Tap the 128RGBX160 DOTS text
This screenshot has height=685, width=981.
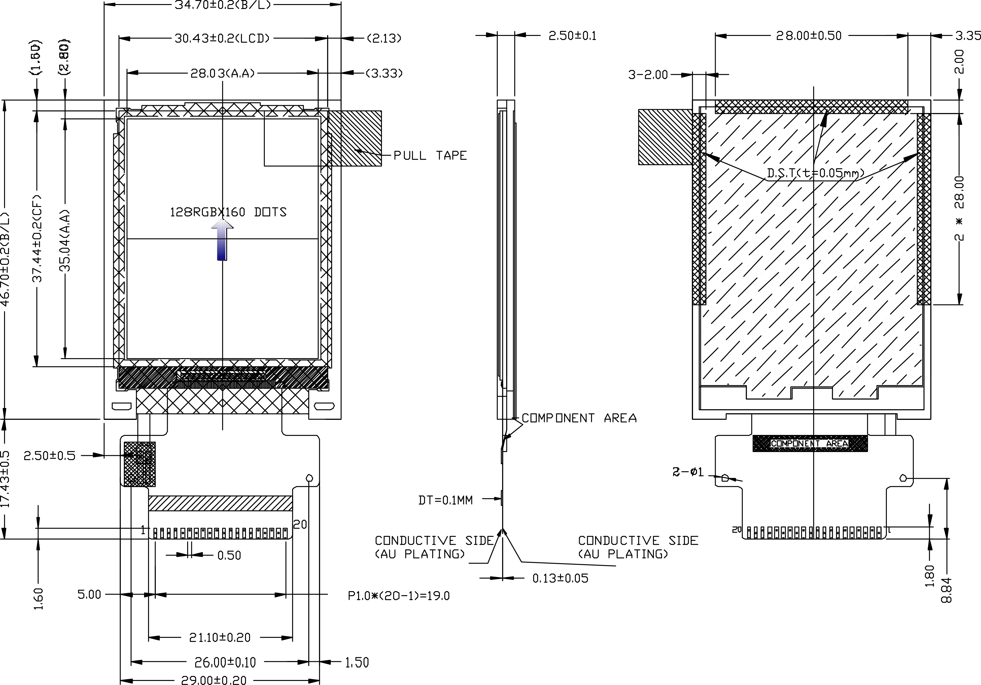coord(228,212)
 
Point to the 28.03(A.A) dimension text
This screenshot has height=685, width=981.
coord(222,74)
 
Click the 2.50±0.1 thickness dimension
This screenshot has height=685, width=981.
coord(572,35)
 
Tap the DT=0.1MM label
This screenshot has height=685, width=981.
coord(445,500)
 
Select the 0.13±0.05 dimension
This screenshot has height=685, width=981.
coord(560,578)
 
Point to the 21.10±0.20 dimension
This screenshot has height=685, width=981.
coord(220,637)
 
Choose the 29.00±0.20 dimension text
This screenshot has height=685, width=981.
coord(214,680)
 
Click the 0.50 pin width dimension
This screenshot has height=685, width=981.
coord(229,555)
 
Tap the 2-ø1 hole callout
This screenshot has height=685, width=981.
coord(688,472)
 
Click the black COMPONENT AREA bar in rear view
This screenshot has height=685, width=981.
coord(810,444)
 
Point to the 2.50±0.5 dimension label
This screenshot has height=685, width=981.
coord(49,456)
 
